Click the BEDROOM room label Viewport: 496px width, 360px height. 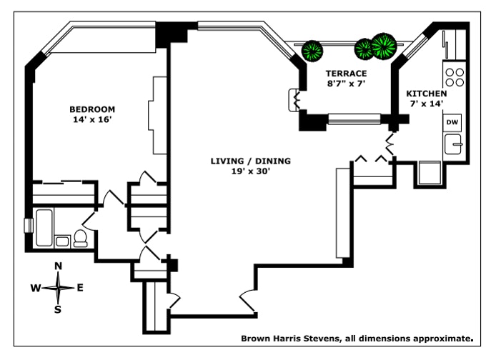(x=91, y=109)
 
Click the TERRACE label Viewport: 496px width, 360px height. (x=346, y=74)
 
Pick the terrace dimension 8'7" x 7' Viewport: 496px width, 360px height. (x=346, y=84)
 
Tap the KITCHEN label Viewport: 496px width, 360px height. (x=427, y=94)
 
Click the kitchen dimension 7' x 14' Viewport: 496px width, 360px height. (x=427, y=104)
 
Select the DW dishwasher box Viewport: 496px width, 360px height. (x=452, y=122)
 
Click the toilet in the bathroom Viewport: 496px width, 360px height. (x=80, y=238)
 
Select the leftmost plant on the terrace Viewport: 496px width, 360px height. (x=312, y=51)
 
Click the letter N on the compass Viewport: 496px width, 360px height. (x=59, y=266)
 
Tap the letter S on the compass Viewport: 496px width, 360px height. (x=59, y=309)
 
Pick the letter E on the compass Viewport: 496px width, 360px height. (x=80, y=288)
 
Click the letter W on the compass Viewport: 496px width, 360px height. (x=35, y=288)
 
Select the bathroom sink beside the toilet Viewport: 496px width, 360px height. (x=62, y=241)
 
